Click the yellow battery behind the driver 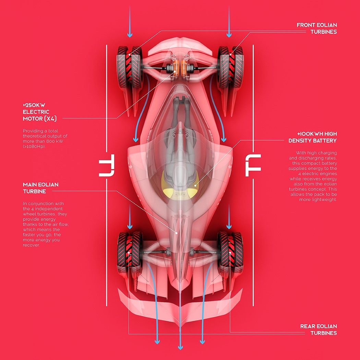tap(180, 185)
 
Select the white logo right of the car tap(253, 165)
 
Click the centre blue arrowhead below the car tap(180, 347)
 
